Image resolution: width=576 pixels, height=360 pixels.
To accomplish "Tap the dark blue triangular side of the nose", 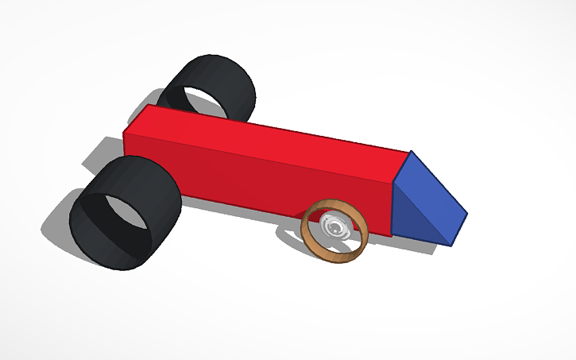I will pyautogui.click(x=413, y=219).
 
